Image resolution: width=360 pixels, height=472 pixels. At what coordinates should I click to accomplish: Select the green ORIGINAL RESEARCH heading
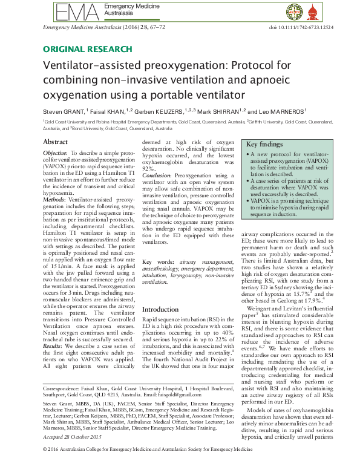coord(87,49)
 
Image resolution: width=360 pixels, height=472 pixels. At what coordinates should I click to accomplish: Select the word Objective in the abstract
coord(56,154)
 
